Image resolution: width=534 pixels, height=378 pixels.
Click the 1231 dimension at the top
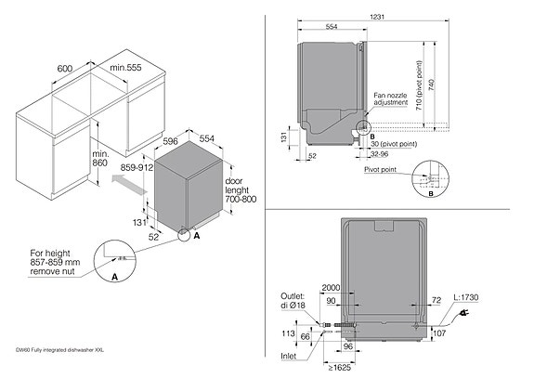tap(401, 17)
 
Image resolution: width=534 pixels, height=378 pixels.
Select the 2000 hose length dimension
tap(331, 288)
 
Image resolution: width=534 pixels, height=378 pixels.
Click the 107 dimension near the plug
tap(440, 330)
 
